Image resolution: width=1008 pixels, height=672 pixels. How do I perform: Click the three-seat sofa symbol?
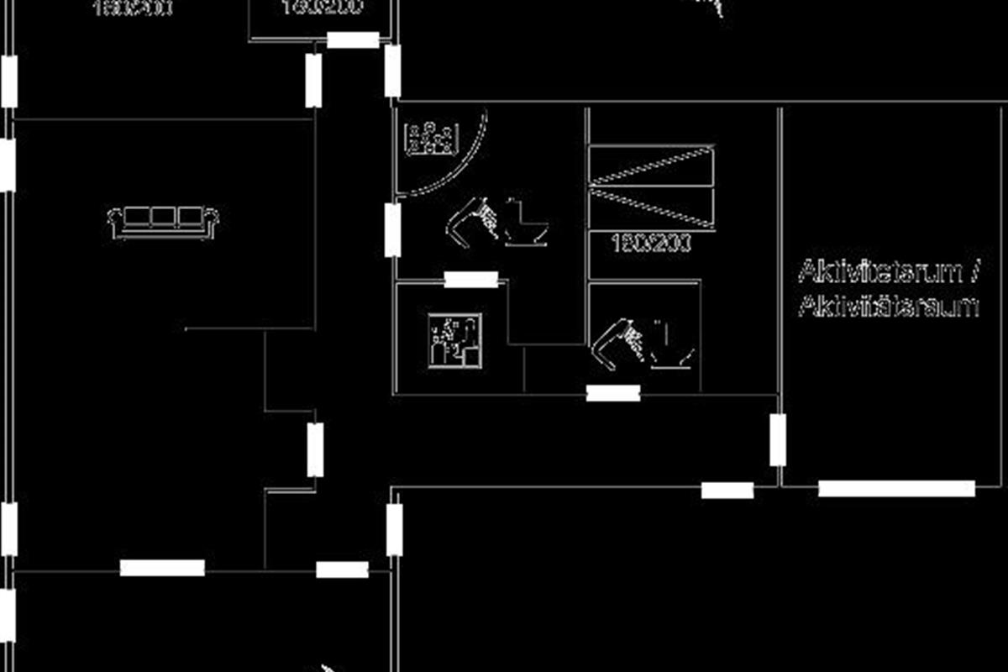(164, 222)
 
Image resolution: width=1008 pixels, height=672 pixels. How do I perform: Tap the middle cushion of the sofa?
(164, 218)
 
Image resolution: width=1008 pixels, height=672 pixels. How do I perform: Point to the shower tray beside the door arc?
(431, 139)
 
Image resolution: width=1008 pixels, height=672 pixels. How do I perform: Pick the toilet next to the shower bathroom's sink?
(527, 223)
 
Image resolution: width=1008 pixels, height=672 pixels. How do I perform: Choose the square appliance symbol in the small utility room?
(455, 340)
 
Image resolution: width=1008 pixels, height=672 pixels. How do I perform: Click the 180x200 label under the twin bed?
(651, 244)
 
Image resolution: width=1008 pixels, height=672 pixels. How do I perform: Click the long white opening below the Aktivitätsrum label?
(896, 488)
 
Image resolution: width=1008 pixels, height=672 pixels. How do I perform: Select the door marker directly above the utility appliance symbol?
(470, 280)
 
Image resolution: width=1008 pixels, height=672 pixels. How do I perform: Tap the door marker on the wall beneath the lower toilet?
(612, 392)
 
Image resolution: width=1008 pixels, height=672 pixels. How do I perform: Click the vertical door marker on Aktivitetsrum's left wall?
(778, 439)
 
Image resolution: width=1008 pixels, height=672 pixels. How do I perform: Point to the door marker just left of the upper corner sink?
(392, 229)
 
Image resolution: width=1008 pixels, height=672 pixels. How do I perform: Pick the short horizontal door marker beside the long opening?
(727, 490)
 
